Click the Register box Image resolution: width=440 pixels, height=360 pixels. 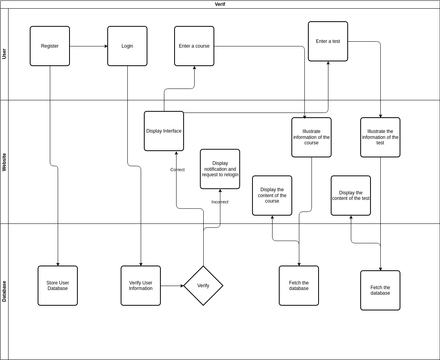(x=50, y=46)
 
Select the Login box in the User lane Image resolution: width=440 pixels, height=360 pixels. (x=127, y=46)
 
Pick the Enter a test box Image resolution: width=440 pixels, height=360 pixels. (x=328, y=41)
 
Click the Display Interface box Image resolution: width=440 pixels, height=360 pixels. (x=164, y=131)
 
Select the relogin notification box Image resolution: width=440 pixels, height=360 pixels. (x=220, y=169)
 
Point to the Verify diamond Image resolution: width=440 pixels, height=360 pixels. (x=203, y=285)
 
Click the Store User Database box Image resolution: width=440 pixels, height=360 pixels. (x=57, y=285)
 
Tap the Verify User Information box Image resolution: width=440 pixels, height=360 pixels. (x=141, y=285)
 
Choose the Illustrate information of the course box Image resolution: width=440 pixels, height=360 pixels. (x=311, y=137)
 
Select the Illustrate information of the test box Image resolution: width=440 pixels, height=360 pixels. (x=380, y=137)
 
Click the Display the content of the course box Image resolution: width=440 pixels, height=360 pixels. (x=272, y=195)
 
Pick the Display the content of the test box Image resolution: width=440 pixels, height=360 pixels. (x=350, y=195)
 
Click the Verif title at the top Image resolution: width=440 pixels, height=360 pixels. (x=220, y=4)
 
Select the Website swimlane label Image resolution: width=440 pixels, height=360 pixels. (x=5, y=162)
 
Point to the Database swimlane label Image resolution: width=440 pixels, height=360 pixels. (x=5, y=291)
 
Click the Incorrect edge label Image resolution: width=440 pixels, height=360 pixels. (x=219, y=202)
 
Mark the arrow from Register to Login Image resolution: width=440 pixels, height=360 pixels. (x=89, y=46)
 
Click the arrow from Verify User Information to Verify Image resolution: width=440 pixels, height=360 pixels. (x=172, y=285)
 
